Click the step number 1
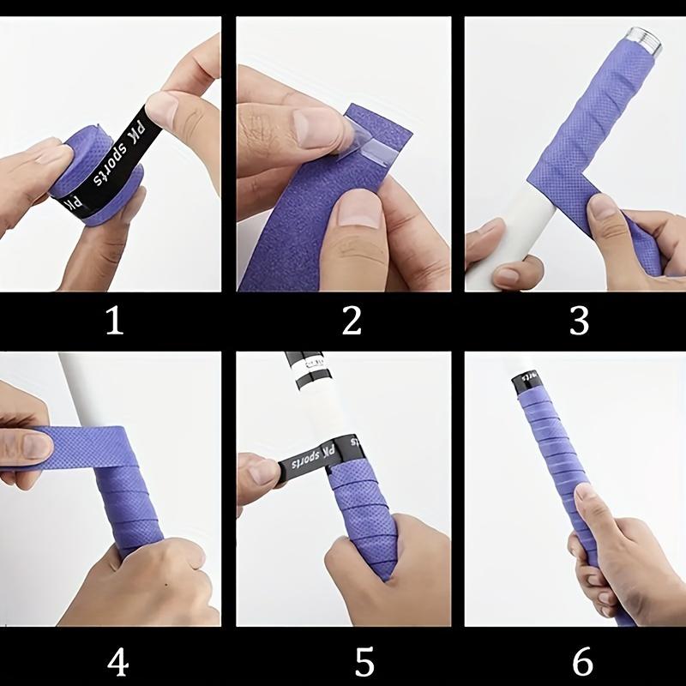[114, 321]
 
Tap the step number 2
[352, 321]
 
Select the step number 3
[580, 321]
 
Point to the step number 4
[117, 661]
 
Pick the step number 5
[364, 661]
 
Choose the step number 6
[582, 661]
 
